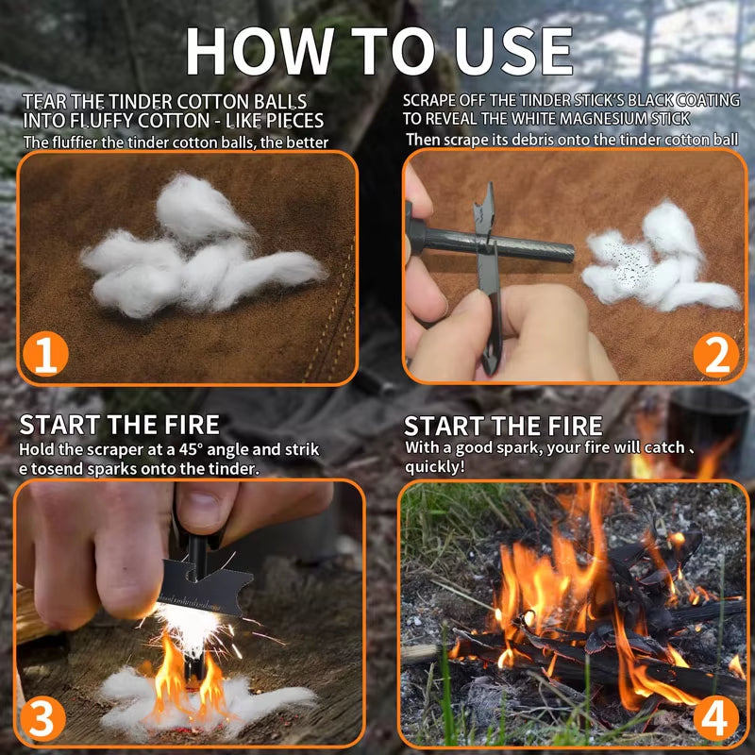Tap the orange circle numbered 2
point(715,354)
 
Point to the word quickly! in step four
point(435,466)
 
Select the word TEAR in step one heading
point(43,101)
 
